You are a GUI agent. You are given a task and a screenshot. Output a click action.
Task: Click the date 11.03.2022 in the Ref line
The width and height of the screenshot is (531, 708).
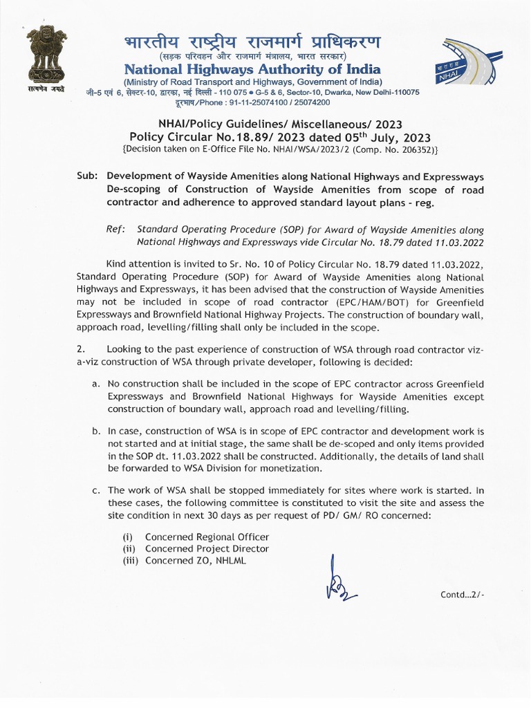point(460,242)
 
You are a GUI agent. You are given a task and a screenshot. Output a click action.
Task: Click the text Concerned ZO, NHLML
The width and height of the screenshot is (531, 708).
point(195,561)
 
